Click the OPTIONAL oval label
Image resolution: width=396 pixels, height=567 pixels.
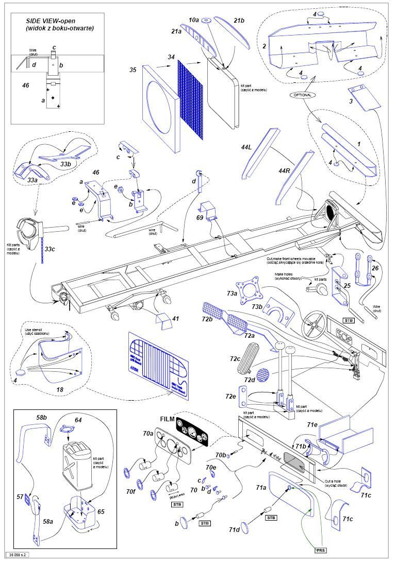click(303, 96)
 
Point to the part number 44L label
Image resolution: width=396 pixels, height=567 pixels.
click(246, 147)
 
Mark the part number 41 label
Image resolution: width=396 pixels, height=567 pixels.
click(175, 319)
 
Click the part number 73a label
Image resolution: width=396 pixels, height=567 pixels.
click(232, 294)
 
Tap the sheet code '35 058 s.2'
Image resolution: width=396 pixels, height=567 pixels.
click(18, 555)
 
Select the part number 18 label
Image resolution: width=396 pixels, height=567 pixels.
click(60, 390)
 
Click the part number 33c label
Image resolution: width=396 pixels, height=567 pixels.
click(49, 249)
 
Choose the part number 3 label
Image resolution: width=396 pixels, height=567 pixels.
click(351, 101)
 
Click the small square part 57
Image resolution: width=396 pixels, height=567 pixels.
click(21, 496)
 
